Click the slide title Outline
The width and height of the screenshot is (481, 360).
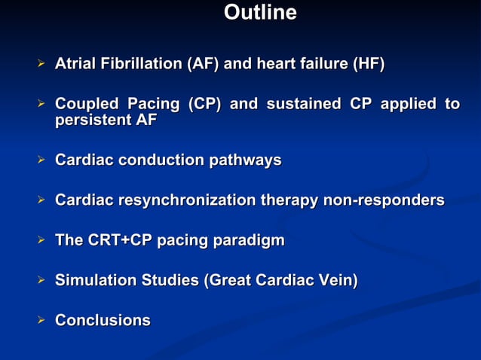261,14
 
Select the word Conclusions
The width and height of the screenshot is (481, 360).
103,321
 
